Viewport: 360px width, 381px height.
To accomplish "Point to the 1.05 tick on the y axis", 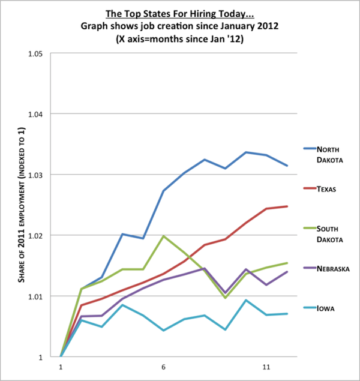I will tap(34, 53).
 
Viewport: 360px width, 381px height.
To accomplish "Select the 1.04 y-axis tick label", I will tap(34, 114).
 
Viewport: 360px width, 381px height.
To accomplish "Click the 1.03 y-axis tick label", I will tap(34, 175).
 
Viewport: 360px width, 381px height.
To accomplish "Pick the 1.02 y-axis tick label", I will tap(34, 235).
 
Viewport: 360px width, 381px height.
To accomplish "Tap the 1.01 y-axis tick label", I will tap(34, 296).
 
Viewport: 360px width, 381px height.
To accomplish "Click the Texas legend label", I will tap(328, 190).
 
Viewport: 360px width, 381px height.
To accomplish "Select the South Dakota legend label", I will tap(331, 235).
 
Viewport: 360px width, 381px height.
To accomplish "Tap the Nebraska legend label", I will tap(333, 269).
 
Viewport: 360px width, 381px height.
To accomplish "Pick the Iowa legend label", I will tap(326, 309).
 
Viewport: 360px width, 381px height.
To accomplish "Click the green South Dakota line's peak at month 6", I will tap(163, 236).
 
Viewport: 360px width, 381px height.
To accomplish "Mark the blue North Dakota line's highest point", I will tap(246, 152).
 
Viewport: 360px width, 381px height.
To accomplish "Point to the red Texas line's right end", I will tap(287, 206).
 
